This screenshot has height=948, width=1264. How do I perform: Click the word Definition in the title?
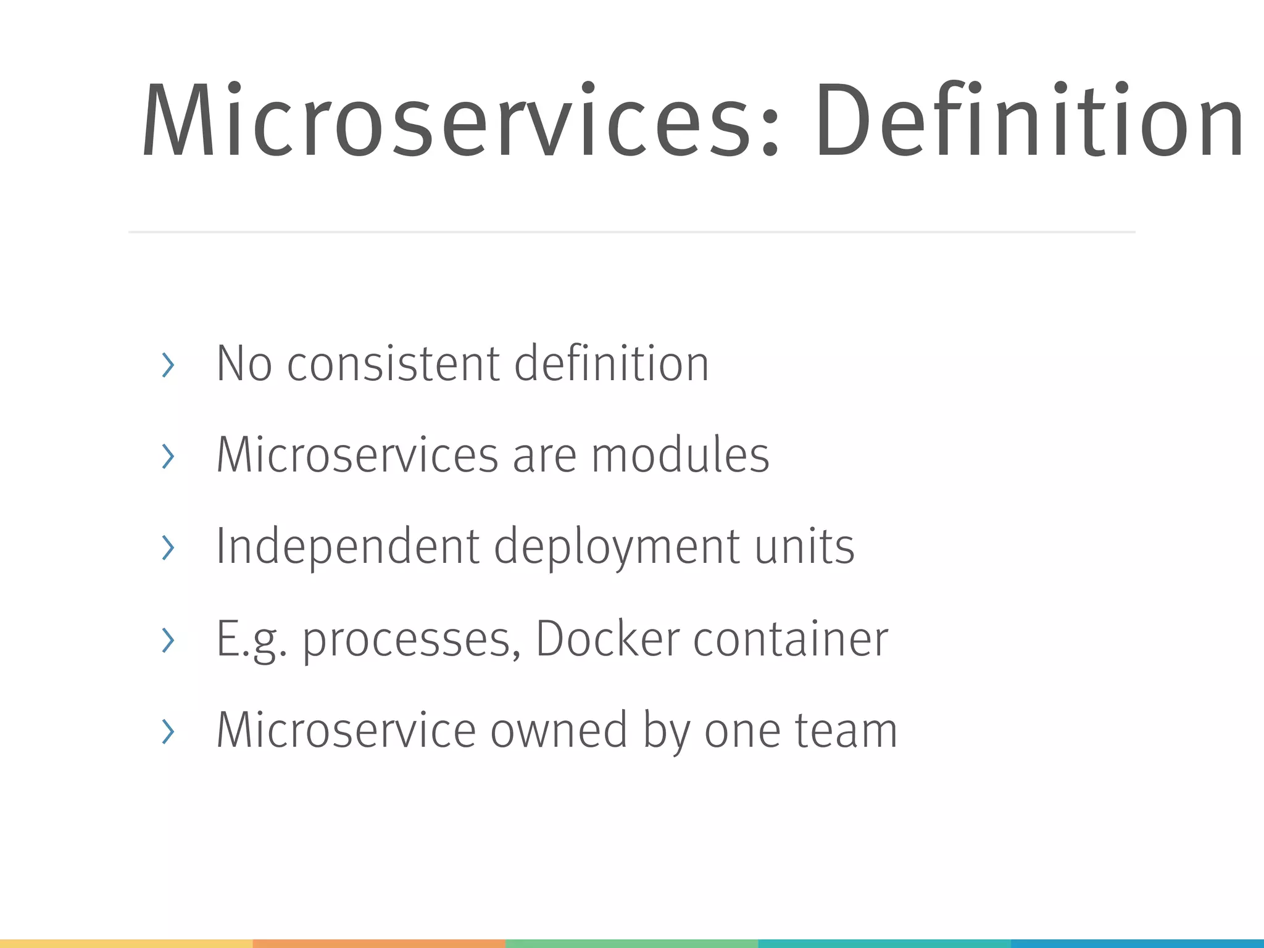[1029, 120]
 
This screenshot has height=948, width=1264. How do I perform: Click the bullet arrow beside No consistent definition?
[167, 365]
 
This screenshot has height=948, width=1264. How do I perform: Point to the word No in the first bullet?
[244, 364]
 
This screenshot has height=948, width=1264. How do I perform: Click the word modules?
[680, 455]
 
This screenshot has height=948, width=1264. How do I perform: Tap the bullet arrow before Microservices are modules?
[167, 457]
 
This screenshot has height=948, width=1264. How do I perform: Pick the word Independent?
[347, 546]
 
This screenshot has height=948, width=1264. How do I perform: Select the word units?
[805, 546]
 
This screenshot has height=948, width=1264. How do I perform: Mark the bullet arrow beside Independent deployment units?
[167, 548]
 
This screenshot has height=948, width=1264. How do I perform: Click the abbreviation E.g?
[251, 639]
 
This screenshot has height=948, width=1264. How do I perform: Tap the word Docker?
[607, 638]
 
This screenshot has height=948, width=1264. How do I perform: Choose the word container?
[791, 638]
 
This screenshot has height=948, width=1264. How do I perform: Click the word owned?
[559, 730]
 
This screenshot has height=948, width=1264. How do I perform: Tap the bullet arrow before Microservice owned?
[167, 731]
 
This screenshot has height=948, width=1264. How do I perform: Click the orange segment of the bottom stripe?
[379, 944]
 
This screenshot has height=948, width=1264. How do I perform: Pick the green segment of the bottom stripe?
[631, 944]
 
